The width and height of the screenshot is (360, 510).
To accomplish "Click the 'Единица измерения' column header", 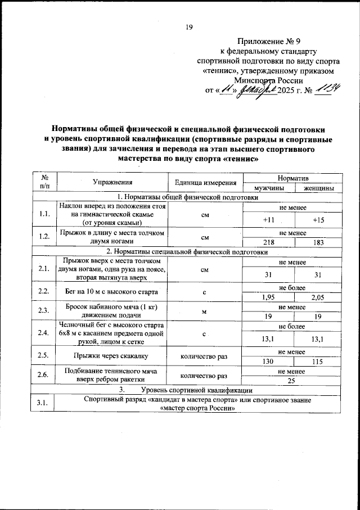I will (205, 182).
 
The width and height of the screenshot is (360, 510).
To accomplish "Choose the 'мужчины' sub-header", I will (269, 188).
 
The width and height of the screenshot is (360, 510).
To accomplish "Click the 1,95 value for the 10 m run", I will (269, 297).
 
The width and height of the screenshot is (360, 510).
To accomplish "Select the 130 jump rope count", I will (269, 362).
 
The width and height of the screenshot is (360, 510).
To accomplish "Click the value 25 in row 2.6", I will (292, 381).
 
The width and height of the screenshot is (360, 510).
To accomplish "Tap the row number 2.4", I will (41, 334).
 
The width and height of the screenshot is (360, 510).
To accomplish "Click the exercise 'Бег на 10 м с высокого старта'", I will (110, 292).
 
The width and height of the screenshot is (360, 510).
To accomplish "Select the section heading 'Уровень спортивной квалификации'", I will (196, 390).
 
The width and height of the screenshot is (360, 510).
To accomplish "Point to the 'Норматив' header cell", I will (292, 177).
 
